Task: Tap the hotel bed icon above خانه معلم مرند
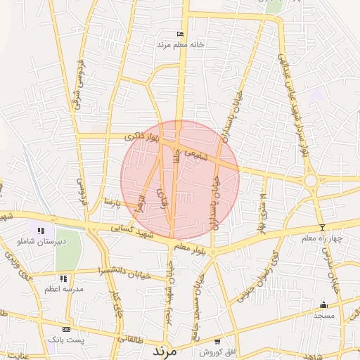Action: (x=180, y=34)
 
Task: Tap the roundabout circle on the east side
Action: (x=310, y=181)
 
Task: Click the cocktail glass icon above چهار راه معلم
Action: (x=322, y=227)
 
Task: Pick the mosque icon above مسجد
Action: (x=323, y=304)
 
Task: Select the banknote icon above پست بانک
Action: (x=66, y=329)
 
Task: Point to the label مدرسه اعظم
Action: (x=64, y=289)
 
